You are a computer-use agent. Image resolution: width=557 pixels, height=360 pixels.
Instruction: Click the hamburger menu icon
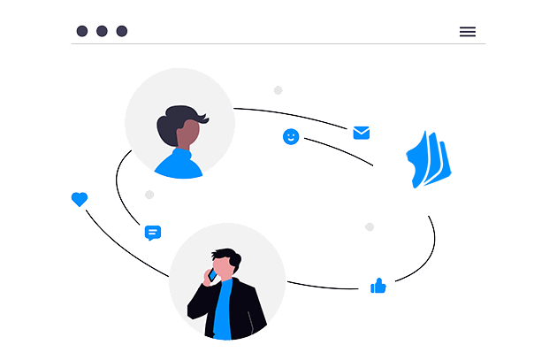(468, 32)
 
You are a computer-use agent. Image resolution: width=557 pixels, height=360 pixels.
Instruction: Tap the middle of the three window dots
(102, 31)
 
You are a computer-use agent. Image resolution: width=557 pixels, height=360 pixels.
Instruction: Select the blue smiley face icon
(291, 136)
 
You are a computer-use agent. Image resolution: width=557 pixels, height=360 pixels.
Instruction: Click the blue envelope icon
(362, 133)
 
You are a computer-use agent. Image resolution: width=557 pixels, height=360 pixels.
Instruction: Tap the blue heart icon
(80, 200)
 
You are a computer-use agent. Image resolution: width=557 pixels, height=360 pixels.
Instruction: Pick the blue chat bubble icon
(153, 233)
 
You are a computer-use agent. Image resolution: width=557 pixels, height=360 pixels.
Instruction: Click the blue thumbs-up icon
(378, 286)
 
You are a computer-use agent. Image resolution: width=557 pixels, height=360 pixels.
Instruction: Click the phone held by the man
(212, 275)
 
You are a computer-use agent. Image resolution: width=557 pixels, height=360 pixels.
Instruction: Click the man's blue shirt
(224, 310)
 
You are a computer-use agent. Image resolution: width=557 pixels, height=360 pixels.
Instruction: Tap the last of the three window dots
(122, 31)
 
